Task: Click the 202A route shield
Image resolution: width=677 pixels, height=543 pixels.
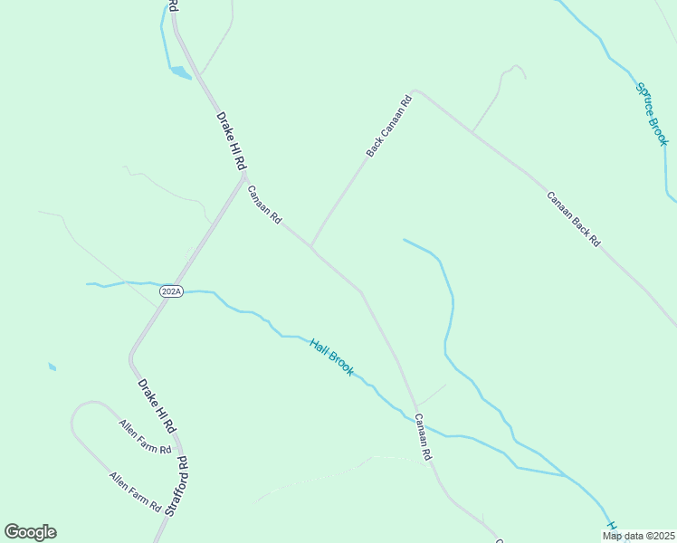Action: point(171,291)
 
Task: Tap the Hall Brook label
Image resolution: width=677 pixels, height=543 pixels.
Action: point(331,357)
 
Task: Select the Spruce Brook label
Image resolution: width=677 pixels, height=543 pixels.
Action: point(652,114)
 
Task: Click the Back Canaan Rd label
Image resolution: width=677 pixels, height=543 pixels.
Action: point(389,127)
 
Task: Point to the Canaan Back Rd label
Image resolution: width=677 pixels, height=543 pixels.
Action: point(573,218)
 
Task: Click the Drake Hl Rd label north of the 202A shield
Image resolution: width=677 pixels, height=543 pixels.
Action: point(231,141)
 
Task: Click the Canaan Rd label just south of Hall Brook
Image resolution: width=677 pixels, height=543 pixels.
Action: point(422,437)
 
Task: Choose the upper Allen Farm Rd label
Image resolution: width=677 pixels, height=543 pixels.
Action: point(145,436)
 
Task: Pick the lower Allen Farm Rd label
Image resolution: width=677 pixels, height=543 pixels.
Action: point(135,491)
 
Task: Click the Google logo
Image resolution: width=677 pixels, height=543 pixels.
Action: point(30,532)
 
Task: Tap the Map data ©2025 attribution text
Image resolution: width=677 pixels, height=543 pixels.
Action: point(638,536)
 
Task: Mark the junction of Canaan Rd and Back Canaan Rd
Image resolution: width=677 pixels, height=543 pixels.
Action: point(311,246)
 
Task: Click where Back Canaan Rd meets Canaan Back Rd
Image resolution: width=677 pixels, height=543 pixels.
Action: point(414,91)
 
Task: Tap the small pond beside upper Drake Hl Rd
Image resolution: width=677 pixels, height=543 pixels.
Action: point(180,71)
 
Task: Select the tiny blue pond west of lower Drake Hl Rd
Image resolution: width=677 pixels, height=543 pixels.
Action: point(52,367)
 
